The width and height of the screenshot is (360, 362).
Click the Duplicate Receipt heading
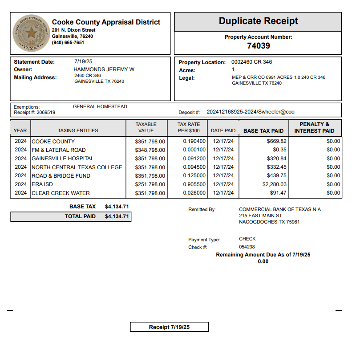[x=258, y=21]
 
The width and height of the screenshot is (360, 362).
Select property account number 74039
[x=258, y=45]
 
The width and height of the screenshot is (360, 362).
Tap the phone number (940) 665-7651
[x=68, y=43]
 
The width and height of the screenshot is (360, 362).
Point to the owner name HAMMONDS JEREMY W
[x=104, y=69]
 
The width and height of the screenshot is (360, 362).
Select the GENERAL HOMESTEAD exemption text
[x=100, y=107]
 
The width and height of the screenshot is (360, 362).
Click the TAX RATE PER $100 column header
[x=189, y=127]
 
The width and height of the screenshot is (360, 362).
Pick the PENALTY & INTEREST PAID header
[x=314, y=127]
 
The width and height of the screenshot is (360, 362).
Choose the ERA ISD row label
[x=42, y=184]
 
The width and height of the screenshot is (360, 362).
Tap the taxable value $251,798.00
[x=150, y=184]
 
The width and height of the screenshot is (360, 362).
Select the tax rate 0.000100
[x=194, y=150]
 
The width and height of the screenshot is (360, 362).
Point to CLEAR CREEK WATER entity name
[x=61, y=193]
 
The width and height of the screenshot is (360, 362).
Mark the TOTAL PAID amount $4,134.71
[x=117, y=216]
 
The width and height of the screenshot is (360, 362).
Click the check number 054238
[x=247, y=247]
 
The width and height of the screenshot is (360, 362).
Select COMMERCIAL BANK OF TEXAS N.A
[x=279, y=209]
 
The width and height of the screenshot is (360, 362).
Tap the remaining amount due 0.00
[x=263, y=261]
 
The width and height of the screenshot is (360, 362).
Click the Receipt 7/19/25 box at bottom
[x=169, y=327]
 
